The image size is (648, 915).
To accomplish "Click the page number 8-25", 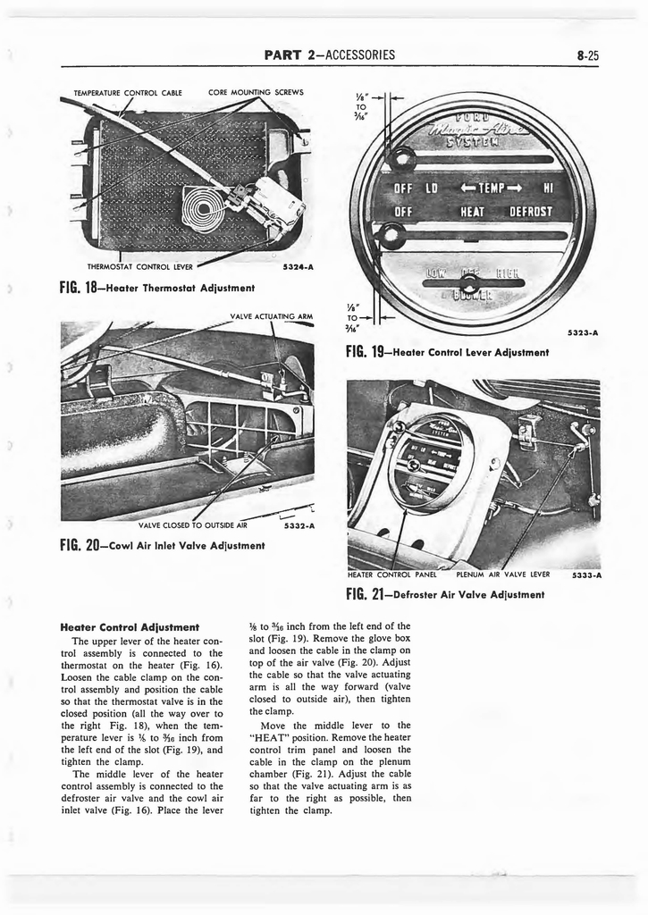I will (x=587, y=55).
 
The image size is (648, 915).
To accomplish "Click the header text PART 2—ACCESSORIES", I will (x=330, y=55).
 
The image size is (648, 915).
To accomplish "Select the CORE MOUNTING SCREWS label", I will (x=256, y=92).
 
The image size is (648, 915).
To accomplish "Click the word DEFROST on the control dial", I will (x=530, y=212).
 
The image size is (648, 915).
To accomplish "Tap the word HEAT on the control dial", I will (x=472, y=212).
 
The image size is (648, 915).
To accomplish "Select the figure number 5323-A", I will (x=582, y=332).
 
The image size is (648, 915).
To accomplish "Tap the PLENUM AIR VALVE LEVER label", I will (x=502, y=575).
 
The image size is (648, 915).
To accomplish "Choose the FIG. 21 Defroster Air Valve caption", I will (x=445, y=594).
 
